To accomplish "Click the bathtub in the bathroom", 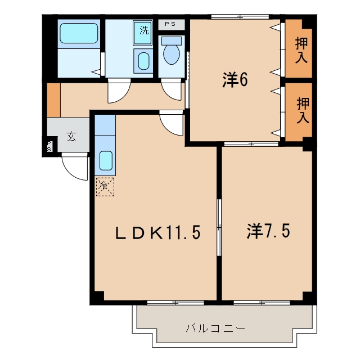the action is (x=79, y=33).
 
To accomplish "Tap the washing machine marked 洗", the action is (x=142, y=33).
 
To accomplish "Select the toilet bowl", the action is (x=171, y=53).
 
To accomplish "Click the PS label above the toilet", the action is (x=171, y=24).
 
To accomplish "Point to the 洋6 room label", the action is (x=235, y=80).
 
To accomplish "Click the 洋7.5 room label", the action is (x=268, y=231).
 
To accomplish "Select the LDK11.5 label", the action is (x=157, y=232).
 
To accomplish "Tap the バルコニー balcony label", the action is (x=215, y=328).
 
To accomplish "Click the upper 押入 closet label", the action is (x=301, y=50).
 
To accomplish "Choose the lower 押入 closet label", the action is (x=303, y=110).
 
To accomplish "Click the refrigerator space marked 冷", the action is (x=105, y=186).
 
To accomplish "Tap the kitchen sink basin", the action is (x=106, y=160).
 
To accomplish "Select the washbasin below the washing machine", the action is (x=143, y=61).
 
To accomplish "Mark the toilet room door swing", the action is (x=172, y=89).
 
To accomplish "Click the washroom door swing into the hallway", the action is (x=119, y=91).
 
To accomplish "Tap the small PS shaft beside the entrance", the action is (x=49, y=146).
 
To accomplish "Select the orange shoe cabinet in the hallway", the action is (x=54, y=100).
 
